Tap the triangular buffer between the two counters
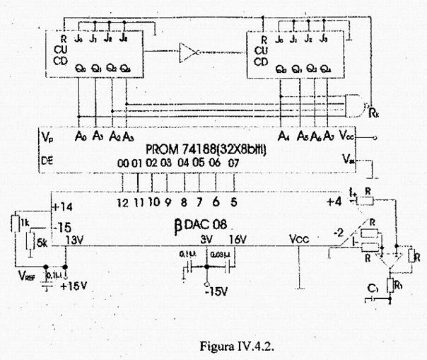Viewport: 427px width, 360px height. [x=189, y=52]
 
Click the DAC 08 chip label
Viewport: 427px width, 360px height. [x=201, y=227]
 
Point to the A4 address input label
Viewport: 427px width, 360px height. [x=283, y=134]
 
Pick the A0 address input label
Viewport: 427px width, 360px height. [x=79, y=134]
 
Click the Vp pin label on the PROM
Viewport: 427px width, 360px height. [x=47, y=134]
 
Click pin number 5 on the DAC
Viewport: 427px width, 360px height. [x=233, y=200]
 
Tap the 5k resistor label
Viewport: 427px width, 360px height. [x=42, y=242]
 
